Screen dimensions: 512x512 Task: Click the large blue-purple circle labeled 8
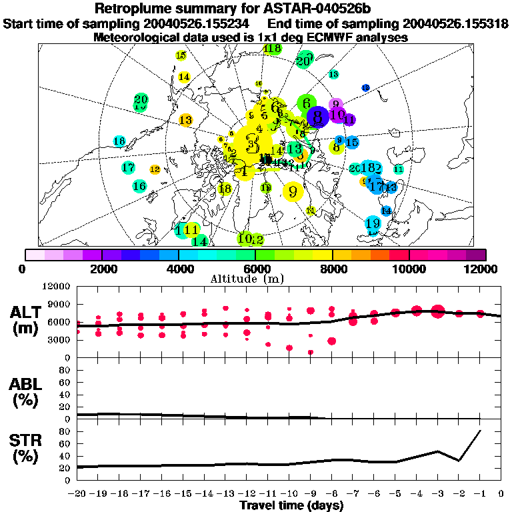317,117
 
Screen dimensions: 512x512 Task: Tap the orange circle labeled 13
185,121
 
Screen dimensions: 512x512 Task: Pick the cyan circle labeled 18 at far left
119,141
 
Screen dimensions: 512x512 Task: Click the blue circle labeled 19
373,223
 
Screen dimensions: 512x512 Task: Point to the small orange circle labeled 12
155,169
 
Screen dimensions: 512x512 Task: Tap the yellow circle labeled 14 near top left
184,77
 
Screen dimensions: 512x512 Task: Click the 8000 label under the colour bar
333,269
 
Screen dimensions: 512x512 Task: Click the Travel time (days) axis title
291,506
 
